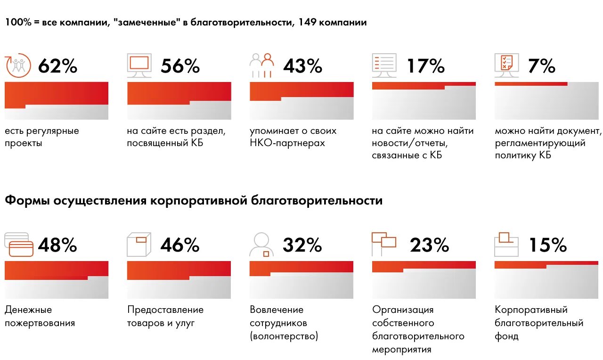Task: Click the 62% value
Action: (x=57, y=66)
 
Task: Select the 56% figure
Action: (x=180, y=66)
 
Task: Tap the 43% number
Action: (x=302, y=66)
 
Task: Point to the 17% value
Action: (x=425, y=66)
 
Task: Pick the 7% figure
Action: (x=541, y=66)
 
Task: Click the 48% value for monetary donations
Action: (x=57, y=245)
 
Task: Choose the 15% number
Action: (x=547, y=245)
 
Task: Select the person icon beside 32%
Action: (x=261, y=244)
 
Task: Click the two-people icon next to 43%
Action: (x=262, y=65)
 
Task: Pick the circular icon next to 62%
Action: (x=18, y=65)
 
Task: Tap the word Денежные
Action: (x=28, y=310)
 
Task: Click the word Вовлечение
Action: (x=277, y=310)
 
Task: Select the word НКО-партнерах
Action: (x=287, y=143)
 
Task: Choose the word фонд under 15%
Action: (x=506, y=336)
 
